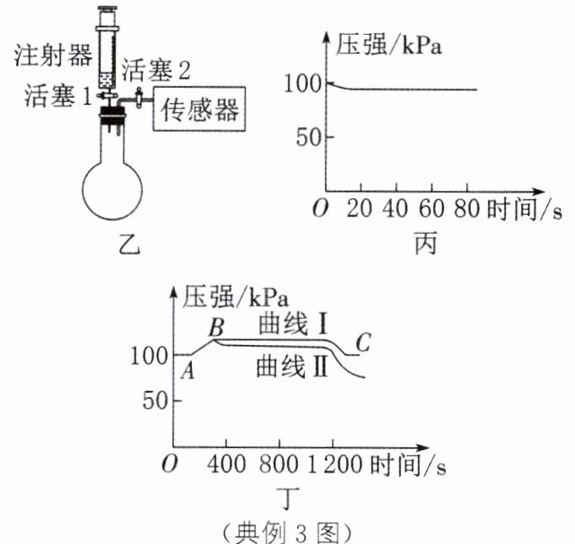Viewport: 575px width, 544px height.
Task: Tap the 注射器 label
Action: (x=54, y=56)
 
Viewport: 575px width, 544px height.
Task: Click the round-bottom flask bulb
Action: (x=114, y=186)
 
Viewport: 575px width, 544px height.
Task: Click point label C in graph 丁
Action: (x=362, y=342)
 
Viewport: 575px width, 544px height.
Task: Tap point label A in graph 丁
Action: (x=188, y=372)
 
